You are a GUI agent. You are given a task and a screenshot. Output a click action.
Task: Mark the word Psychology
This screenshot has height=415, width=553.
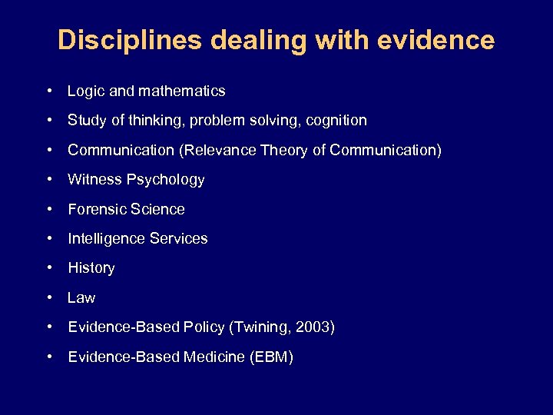[x=166, y=180]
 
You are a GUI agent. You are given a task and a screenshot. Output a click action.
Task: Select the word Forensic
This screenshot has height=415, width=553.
[x=95, y=209]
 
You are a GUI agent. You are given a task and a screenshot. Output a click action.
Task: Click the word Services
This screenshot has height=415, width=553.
[x=180, y=238]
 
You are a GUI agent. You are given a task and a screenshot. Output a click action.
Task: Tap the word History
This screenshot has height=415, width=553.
[x=91, y=268]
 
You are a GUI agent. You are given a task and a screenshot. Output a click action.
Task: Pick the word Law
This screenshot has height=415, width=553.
[x=81, y=297]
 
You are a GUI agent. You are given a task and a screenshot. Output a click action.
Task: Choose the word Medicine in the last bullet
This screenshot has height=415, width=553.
[x=214, y=357]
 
